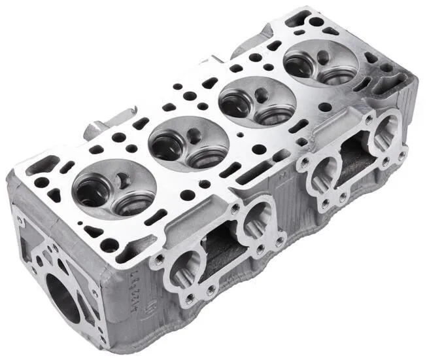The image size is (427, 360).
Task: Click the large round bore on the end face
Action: (x=62, y=298)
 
